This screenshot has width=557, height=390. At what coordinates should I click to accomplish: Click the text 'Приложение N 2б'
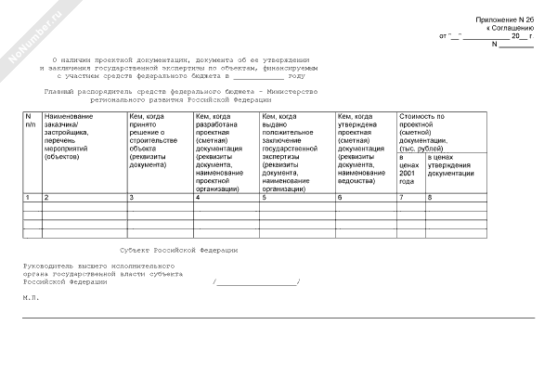[505, 19]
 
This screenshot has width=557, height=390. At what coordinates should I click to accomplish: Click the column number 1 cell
[27, 198]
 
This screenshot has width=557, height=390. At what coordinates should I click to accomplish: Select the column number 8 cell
[430, 198]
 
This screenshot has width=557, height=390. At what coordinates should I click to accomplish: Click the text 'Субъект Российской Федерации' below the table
[179, 250]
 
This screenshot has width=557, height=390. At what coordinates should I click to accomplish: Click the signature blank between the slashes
[256, 282]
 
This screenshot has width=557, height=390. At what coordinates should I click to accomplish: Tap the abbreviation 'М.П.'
[31, 297]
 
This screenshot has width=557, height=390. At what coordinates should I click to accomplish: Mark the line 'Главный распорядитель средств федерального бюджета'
[181, 90]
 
